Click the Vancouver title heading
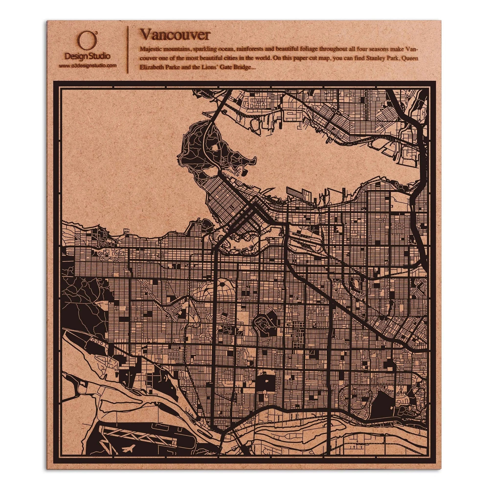click(x=175, y=35)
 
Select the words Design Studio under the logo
click(x=88, y=56)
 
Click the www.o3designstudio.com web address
click(x=88, y=66)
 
